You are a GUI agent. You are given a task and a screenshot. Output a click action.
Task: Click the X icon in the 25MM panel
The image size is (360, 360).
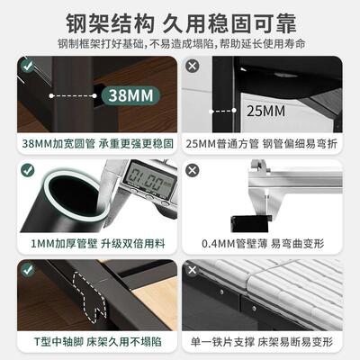192,66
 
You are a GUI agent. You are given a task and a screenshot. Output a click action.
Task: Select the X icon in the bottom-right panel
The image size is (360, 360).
192,267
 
